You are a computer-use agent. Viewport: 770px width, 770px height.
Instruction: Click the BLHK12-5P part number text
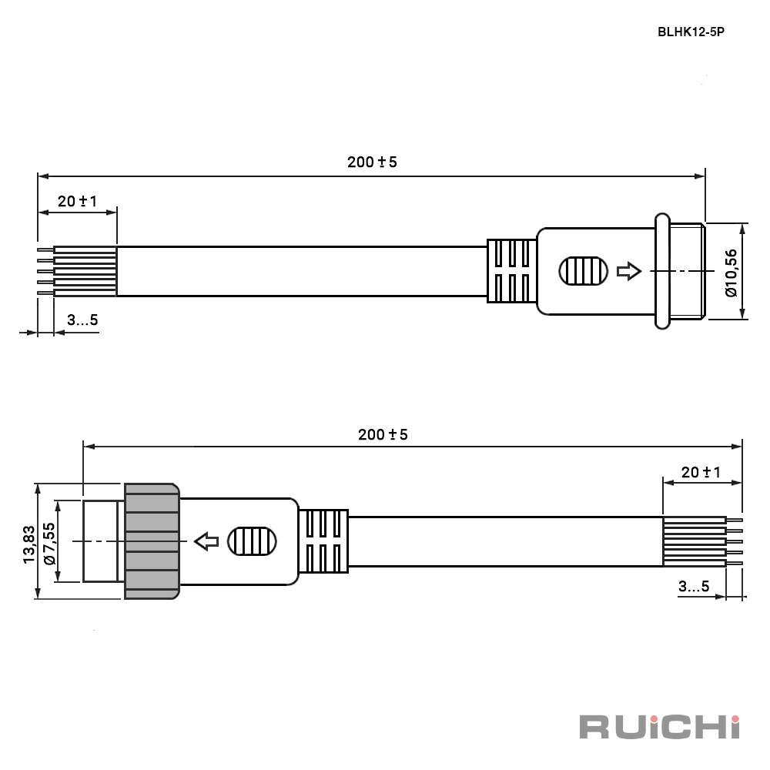[x=691, y=32]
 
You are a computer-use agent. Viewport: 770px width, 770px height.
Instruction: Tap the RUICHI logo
[x=660, y=727]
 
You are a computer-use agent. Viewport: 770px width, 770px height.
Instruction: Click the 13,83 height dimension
[x=29, y=544]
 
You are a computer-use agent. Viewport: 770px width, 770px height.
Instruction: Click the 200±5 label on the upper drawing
[x=372, y=162]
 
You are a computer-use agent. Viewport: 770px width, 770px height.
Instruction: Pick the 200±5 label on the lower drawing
[x=383, y=434]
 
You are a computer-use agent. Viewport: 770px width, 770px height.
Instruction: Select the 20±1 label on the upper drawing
[x=77, y=201]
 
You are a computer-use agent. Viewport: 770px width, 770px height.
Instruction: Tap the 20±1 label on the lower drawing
[x=701, y=473]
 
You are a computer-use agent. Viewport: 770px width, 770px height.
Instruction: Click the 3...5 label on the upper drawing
[x=82, y=320]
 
